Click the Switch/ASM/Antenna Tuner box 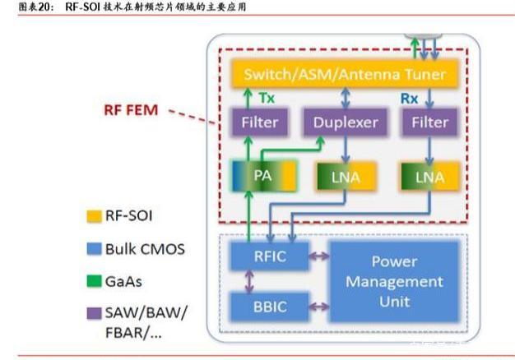[345, 74]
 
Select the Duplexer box [346, 122]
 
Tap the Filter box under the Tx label [260, 122]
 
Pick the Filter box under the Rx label [429, 122]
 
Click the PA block [264, 176]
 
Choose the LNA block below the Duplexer [346, 177]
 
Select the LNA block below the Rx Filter [429, 177]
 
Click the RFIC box [270, 256]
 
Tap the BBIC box [270, 307]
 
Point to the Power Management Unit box [394, 282]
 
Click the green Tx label [267, 98]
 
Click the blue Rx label [409, 99]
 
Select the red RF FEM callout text [131, 110]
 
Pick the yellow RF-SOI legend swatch [94, 217]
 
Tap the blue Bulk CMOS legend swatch [94, 249]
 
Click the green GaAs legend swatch [94, 281]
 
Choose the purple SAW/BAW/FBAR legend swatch [94, 313]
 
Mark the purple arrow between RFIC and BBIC [249, 282]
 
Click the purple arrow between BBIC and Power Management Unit [319, 307]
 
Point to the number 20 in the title [44, 7]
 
